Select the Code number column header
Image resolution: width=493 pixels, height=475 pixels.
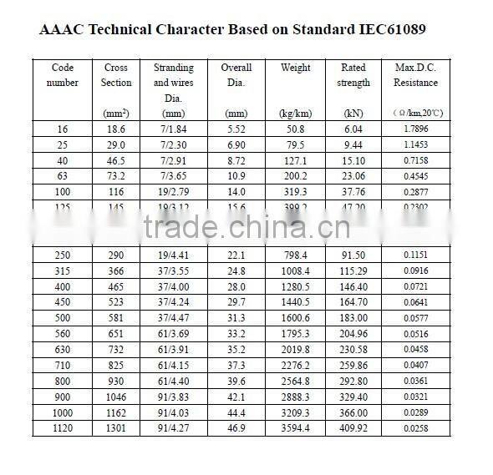click(63, 75)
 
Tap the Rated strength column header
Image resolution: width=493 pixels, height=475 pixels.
click(354, 75)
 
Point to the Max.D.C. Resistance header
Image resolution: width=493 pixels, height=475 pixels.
click(415, 75)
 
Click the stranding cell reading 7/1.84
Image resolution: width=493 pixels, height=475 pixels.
click(173, 129)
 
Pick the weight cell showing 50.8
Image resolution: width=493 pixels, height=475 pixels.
click(295, 129)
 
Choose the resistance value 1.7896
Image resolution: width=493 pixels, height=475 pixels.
click(415, 129)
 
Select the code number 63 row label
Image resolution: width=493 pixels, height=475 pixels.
click(63, 176)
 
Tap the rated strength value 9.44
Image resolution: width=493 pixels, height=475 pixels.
click(354, 144)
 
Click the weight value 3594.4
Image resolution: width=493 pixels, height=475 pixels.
click(295, 428)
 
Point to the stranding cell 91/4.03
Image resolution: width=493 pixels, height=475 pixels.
click(173, 412)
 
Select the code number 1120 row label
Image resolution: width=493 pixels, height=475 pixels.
click(63, 428)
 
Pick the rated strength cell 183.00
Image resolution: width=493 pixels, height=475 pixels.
click(354, 318)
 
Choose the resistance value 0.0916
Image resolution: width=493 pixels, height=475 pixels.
click(415, 270)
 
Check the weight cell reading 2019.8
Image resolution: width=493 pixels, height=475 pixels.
click(295, 350)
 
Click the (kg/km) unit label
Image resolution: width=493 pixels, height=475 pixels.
click(295, 113)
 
